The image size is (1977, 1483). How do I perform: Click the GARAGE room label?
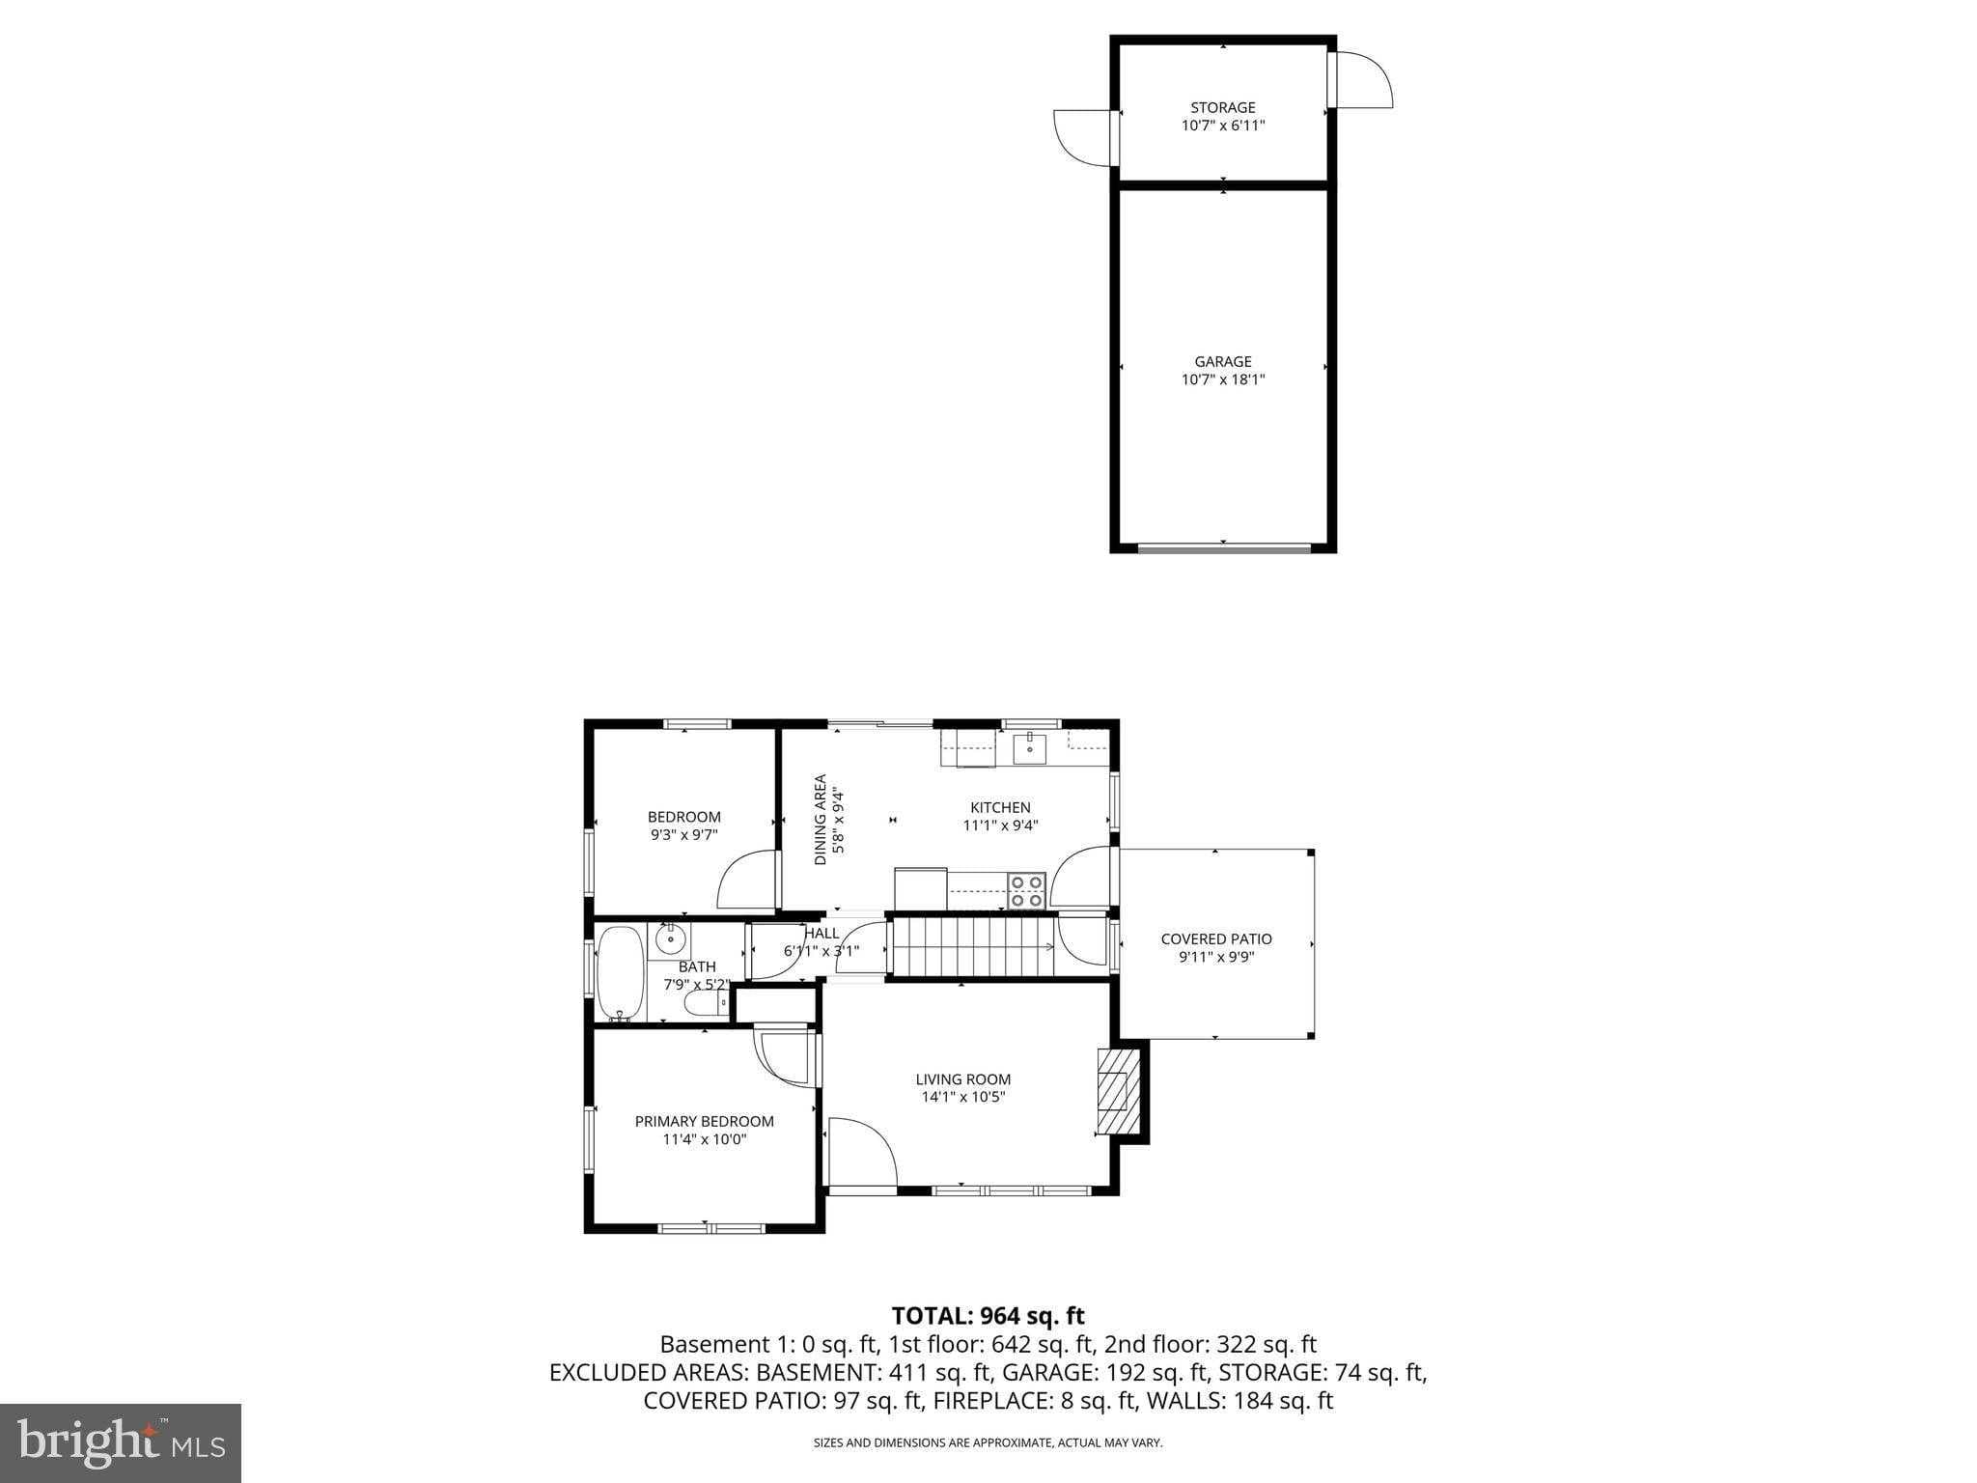1222,362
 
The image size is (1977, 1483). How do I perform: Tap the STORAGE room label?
1222,107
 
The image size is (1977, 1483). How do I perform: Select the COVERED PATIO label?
1215,938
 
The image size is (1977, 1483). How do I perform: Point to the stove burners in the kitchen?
1026,890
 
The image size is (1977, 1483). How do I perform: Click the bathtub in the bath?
620,973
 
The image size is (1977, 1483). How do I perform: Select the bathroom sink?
670,938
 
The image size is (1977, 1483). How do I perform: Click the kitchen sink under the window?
1029,748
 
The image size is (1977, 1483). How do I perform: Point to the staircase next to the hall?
970,947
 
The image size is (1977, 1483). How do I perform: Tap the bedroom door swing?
747,880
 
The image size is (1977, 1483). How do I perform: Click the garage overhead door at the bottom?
1223,548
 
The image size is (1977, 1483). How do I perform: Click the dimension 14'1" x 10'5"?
962,1097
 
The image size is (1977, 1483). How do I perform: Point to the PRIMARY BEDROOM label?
704,1121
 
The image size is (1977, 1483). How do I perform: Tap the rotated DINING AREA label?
821,819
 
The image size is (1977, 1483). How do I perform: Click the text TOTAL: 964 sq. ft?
988,1316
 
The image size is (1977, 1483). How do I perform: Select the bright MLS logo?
120,1442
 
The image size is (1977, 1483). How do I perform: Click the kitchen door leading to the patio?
1080,877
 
